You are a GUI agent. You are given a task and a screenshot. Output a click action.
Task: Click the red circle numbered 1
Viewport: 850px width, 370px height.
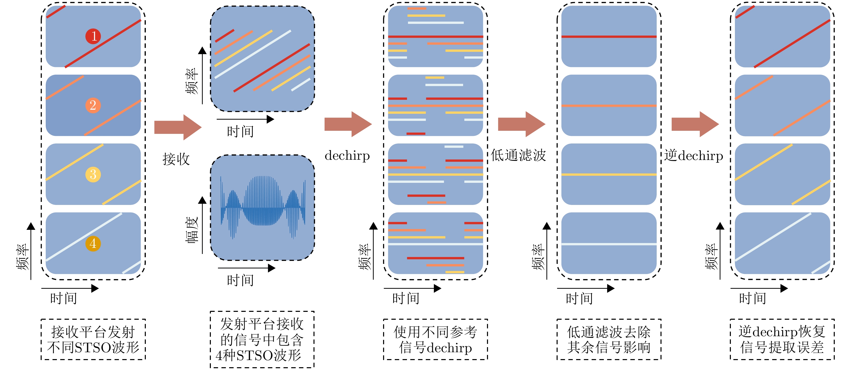(x=93, y=36)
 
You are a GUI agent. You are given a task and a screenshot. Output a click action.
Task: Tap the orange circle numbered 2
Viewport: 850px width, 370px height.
(x=93, y=106)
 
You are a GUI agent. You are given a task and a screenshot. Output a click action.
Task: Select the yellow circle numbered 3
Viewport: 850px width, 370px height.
(x=93, y=174)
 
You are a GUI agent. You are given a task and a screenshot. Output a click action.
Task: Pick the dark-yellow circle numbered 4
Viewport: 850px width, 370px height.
(x=93, y=244)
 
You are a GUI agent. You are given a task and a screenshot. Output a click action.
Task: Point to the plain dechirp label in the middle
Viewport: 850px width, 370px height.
(x=347, y=156)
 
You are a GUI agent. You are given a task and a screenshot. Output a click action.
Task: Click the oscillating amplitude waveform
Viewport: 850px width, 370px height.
(x=263, y=207)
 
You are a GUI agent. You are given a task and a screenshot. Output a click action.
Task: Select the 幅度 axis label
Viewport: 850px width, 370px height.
(x=192, y=230)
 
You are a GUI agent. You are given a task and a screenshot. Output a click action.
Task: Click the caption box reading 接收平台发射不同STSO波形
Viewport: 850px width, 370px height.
(x=93, y=339)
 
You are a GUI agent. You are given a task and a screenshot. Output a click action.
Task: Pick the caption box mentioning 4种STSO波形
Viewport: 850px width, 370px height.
(x=262, y=339)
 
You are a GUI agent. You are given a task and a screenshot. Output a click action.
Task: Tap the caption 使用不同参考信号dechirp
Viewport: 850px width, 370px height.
(x=435, y=339)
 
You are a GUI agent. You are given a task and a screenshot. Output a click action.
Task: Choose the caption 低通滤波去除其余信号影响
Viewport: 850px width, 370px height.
(x=609, y=339)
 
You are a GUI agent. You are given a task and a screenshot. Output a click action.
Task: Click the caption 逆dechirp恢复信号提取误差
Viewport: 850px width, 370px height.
(x=782, y=339)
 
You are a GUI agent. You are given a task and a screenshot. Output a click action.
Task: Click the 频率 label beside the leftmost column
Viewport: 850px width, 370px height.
(x=23, y=257)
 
